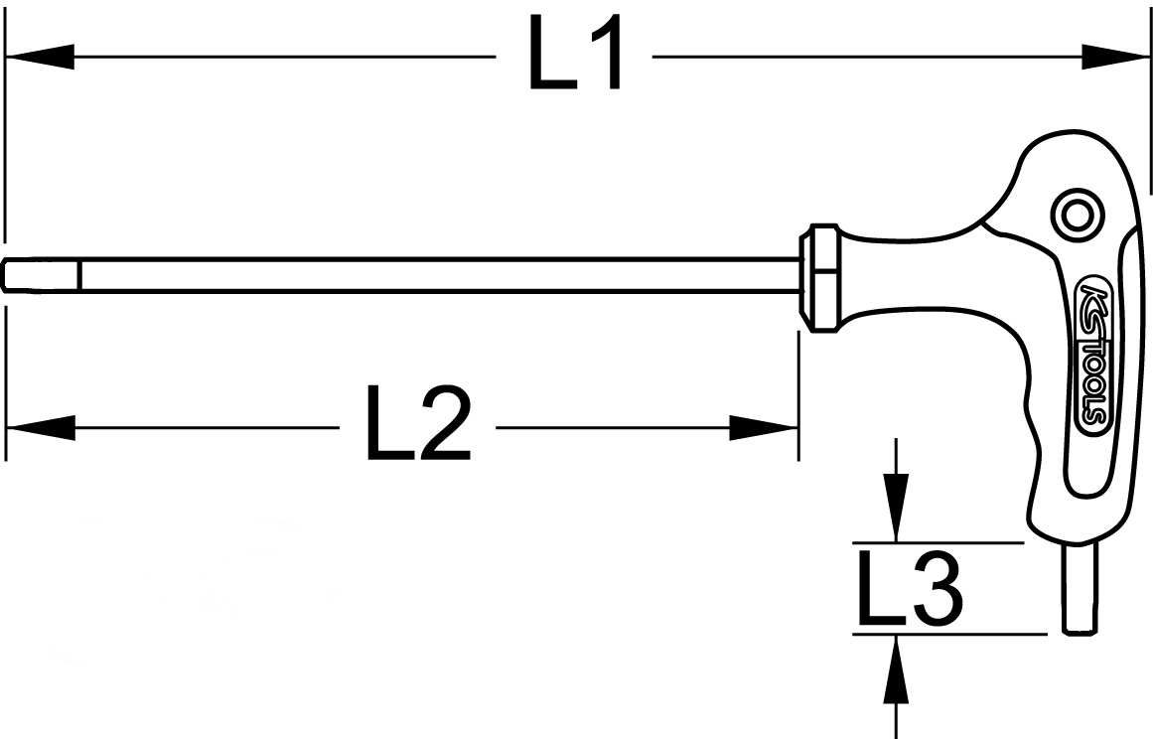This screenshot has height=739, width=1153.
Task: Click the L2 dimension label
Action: (418, 428)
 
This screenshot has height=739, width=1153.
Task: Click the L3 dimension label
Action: (908, 590)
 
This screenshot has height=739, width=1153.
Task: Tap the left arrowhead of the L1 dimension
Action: (40, 57)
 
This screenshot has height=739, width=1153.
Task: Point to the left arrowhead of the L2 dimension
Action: (40, 428)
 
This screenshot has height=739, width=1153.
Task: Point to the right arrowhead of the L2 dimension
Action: (765, 428)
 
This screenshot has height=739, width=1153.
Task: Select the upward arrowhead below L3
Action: (897, 671)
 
